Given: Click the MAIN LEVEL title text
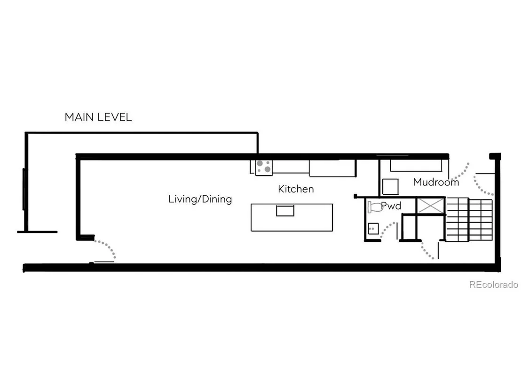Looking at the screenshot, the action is click(98, 117).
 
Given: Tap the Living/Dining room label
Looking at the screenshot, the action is click(200, 199).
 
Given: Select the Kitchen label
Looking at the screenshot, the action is click(296, 189).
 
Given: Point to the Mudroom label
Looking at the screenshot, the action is click(436, 182).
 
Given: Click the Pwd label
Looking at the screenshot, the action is click(391, 206).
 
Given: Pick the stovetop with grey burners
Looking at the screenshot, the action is click(264, 167).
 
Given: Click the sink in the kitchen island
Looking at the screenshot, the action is click(285, 211).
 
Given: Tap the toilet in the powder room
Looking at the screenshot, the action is click(374, 207).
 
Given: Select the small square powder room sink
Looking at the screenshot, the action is click(373, 229).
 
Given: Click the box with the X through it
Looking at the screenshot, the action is click(431, 206).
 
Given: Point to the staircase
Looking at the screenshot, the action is click(469, 219).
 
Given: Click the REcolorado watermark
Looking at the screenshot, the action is click(493, 285).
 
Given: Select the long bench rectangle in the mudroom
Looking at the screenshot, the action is click(416, 166).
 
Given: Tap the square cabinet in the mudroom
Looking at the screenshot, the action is click(390, 186).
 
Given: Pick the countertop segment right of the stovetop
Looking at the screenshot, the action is click(291, 167).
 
